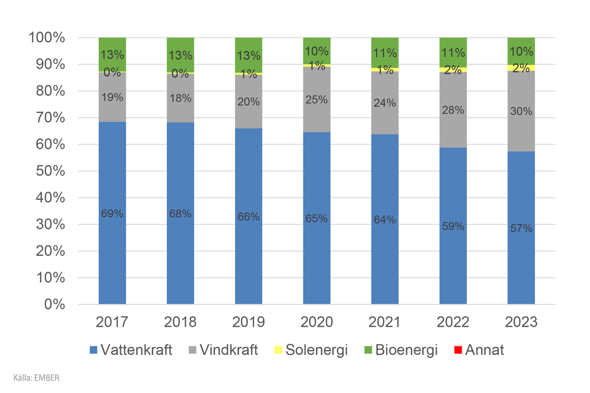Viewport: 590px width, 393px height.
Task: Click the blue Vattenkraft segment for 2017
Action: (112, 246)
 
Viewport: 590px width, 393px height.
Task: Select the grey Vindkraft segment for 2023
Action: (521, 128)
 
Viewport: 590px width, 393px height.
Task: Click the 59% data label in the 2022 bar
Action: (453, 226)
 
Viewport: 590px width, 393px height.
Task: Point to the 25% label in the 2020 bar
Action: (317, 100)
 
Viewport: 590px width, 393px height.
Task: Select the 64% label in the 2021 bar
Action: (384, 220)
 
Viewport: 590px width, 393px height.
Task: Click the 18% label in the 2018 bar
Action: (180, 98)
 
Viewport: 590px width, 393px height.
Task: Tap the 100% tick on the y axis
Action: (47, 38)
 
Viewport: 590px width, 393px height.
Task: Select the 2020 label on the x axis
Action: (317, 322)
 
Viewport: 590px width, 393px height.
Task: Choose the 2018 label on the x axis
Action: (180, 322)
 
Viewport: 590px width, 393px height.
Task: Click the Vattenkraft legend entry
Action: (131, 350)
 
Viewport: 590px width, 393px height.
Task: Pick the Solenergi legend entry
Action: (310, 350)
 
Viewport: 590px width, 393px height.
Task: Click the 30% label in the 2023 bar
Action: (521, 112)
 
